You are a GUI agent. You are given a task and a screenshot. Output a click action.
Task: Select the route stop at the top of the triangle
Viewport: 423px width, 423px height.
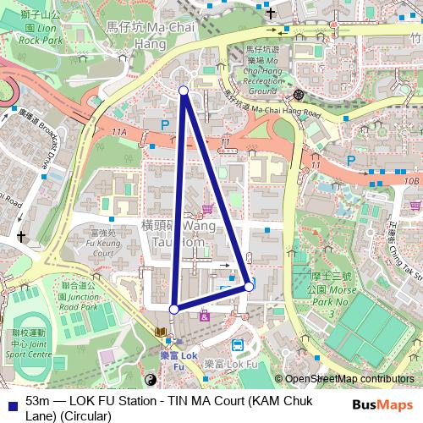point(184,90)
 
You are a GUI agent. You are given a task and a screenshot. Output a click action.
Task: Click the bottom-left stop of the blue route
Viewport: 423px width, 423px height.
point(173,310)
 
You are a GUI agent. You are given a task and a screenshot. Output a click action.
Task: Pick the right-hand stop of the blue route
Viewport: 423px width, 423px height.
point(249,287)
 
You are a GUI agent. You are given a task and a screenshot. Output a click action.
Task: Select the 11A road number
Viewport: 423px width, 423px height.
point(118,132)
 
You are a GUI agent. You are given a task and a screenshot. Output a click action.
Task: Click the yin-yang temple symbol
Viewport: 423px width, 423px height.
point(152,380)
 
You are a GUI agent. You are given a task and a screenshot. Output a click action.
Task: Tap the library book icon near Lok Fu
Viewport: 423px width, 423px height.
point(161,331)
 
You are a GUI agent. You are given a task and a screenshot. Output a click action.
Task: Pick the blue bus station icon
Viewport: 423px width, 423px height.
point(239,345)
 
